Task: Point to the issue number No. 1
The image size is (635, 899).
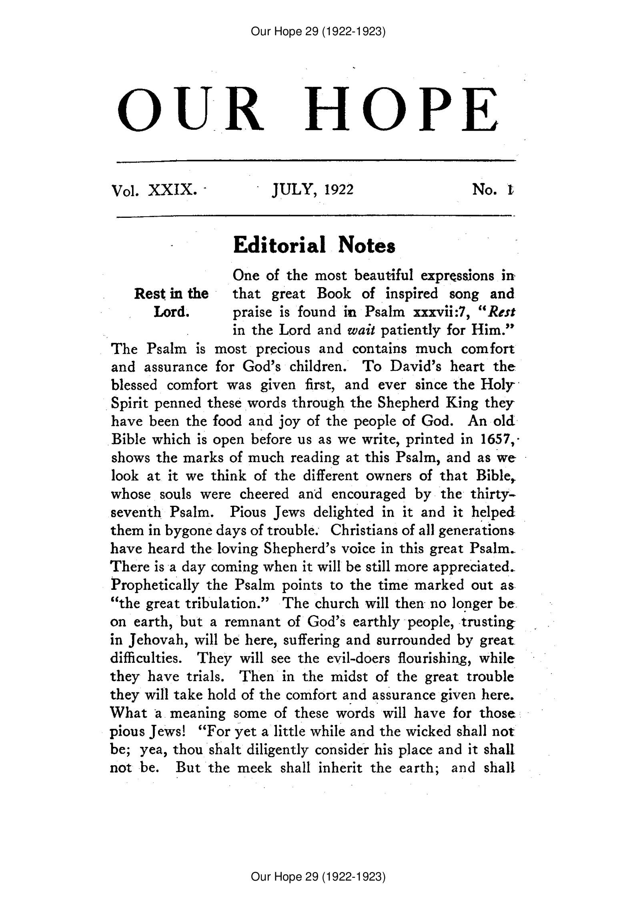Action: [493, 189]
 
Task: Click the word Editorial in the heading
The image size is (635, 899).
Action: [278, 245]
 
